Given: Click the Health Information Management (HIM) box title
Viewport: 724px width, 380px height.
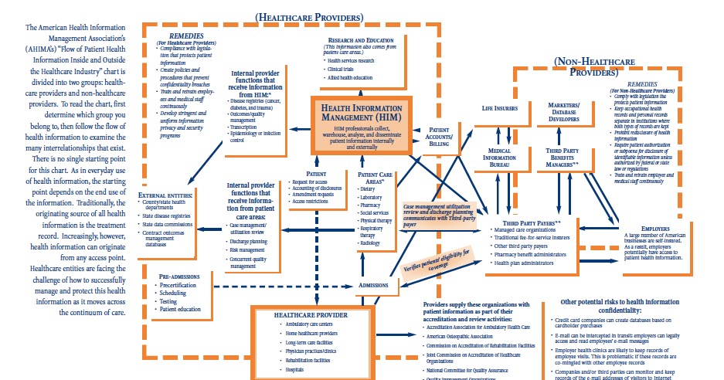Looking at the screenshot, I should pos(362,111).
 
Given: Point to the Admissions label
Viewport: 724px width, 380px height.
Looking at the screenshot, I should pos(375,285).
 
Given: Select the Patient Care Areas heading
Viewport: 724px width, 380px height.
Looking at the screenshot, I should pos(377,179).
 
